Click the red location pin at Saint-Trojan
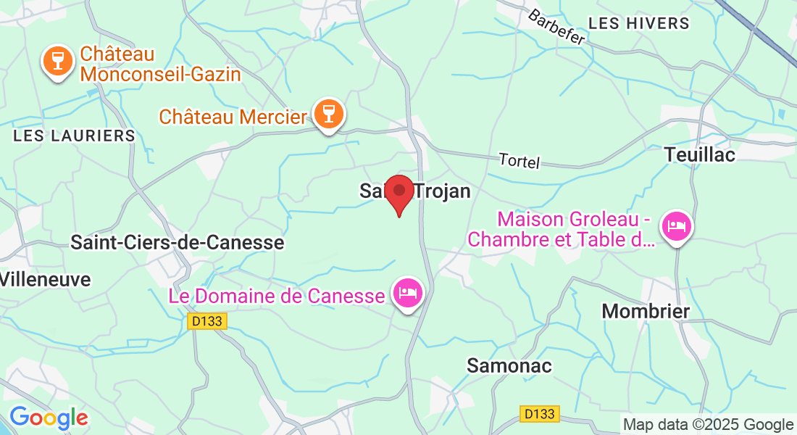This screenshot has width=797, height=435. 398,193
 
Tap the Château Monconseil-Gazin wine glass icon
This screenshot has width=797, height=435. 57,60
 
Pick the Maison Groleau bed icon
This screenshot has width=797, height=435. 677,226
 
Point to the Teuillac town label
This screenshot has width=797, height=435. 700,154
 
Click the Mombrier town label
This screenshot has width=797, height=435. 646,311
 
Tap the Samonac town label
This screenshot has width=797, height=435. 509,366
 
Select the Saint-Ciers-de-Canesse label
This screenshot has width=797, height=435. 177,242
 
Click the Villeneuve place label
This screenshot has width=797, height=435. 46,279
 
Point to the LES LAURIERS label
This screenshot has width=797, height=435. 75,136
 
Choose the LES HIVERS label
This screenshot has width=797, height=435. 638,23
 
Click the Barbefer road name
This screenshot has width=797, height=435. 556,27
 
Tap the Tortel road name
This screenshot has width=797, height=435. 519,162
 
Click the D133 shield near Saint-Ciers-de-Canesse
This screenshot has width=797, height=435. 207,321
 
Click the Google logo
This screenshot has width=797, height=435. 49,418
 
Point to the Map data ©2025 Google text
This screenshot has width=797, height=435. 709,425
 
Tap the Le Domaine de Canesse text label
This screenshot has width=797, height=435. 277,296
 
